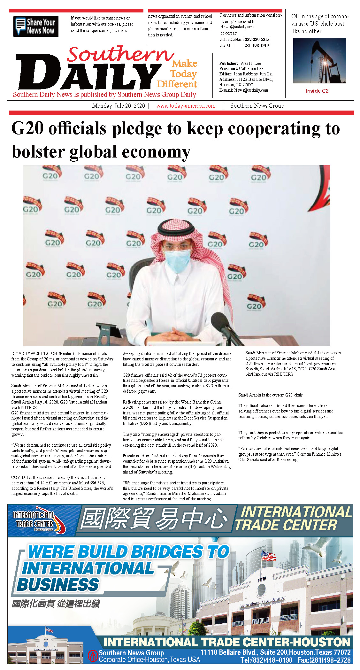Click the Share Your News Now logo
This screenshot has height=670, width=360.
pyautogui.click(x=35, y=26)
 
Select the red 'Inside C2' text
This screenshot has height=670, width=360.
pyautogui.click(x=317, y=91)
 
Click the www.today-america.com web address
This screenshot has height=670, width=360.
pyautogui.click(x=186, y=106)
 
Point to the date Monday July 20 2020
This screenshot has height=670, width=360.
pyautogui.click(x=118, y=106)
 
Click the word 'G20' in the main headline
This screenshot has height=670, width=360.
pyautogui.click(x=27, y=128)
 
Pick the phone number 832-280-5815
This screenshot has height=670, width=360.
pyautogui.click(x=257, y=39)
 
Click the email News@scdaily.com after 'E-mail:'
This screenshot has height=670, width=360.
pyautogui.click(x=251, y=90)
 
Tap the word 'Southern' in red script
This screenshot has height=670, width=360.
pyautogui.click(x=120, y=54)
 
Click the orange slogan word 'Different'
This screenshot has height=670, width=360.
pyautogui.click(x=177, y=84)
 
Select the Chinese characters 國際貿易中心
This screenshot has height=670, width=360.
pyautogui.click(x=154, y=519)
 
